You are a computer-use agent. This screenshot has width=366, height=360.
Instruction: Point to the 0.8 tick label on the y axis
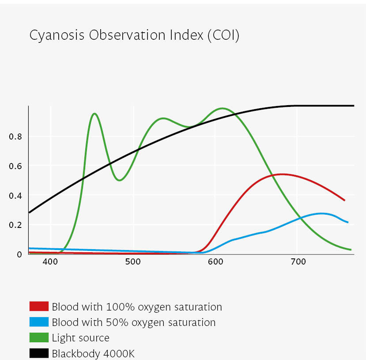[x=16, y=136]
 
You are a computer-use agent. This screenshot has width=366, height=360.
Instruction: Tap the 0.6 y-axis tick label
[x=16, y=166]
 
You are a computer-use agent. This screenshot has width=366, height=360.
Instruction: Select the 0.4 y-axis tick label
[x=16, y=195]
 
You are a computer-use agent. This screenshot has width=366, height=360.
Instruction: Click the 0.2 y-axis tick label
[x=16, y=225]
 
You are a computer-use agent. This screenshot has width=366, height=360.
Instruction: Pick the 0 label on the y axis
[x=19, y=254]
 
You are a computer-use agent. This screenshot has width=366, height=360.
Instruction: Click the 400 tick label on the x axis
[x=50, y=261]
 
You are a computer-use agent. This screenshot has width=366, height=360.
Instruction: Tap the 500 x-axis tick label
[x=132, y=261]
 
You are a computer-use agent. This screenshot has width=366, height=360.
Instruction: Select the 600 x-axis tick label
[x=215, y=261]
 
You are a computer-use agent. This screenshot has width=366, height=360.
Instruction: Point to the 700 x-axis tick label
[x=297, y=261]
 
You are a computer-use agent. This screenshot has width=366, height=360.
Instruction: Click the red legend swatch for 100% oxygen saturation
[x=39, y=307]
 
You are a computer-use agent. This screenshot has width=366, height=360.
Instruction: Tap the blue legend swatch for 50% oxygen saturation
[x=39, y=322]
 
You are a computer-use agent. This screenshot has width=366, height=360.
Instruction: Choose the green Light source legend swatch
[x=39, y=338]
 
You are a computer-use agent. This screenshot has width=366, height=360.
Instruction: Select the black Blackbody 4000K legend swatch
[x=39, y=353]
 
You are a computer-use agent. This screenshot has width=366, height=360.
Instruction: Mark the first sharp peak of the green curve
[x=94, y=114]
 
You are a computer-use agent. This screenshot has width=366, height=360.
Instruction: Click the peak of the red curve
[x=281, y=174]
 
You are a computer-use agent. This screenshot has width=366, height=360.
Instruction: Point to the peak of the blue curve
[x=321, y=213]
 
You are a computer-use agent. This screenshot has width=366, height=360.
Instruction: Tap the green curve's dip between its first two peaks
[x=120, y=180]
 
